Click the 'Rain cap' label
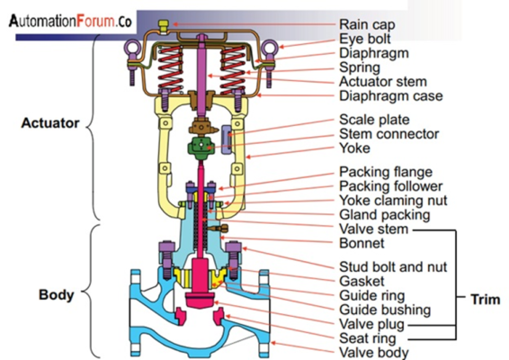(x=367, y=24)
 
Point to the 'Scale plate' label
(x=374, y=119)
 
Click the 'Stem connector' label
(x=388, y=134)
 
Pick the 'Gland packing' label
(x=384, y=215)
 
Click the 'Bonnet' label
(x=362, y=244)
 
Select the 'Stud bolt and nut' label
(x=392, y=266)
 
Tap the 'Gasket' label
(x=360, y=281)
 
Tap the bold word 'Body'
(x=56, y=294)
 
